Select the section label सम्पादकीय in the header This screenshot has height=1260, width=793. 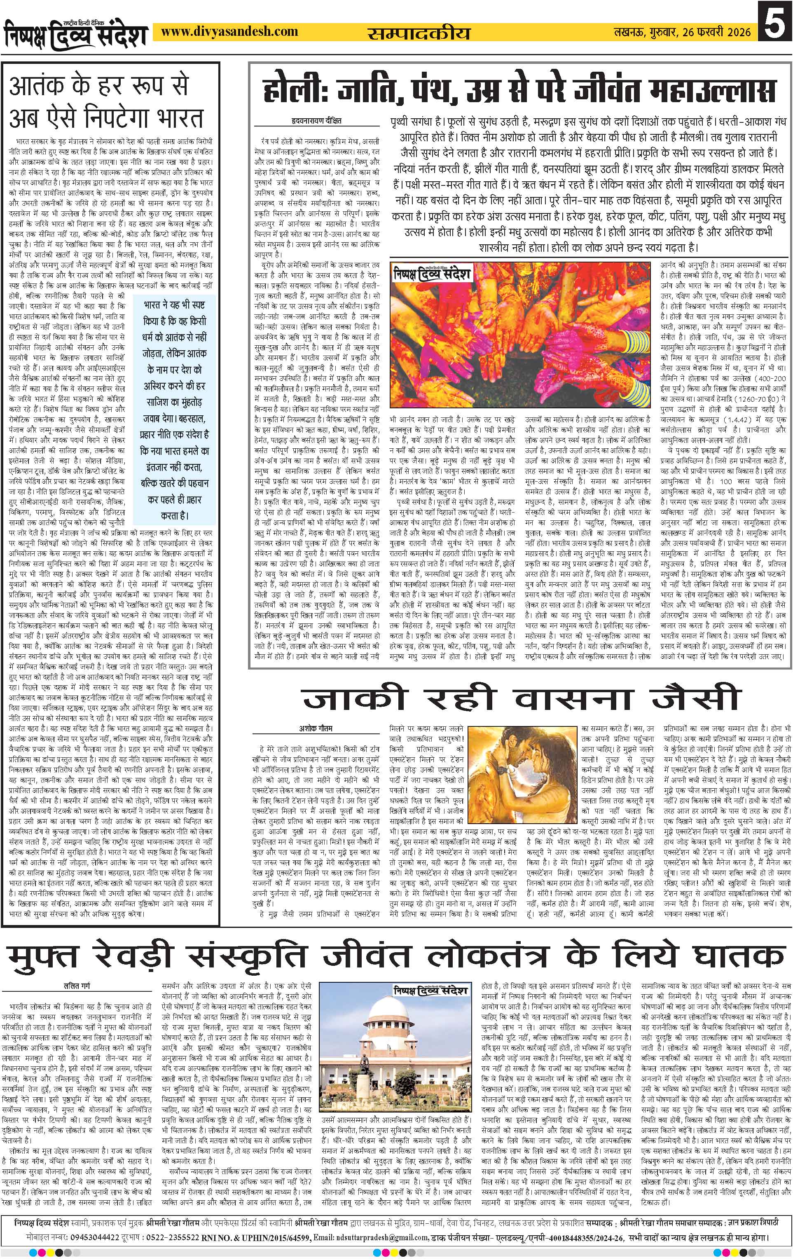click(x=418, y=33)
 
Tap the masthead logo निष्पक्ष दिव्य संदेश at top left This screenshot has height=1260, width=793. click(x=76, y=34)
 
